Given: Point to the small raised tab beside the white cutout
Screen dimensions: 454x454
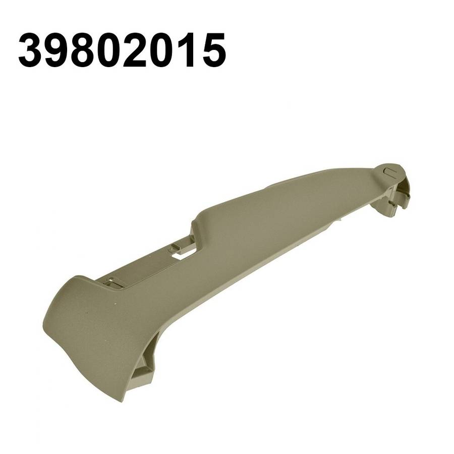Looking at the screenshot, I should [175, 247].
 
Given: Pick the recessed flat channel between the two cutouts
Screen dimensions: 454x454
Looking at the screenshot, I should [146, 267].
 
